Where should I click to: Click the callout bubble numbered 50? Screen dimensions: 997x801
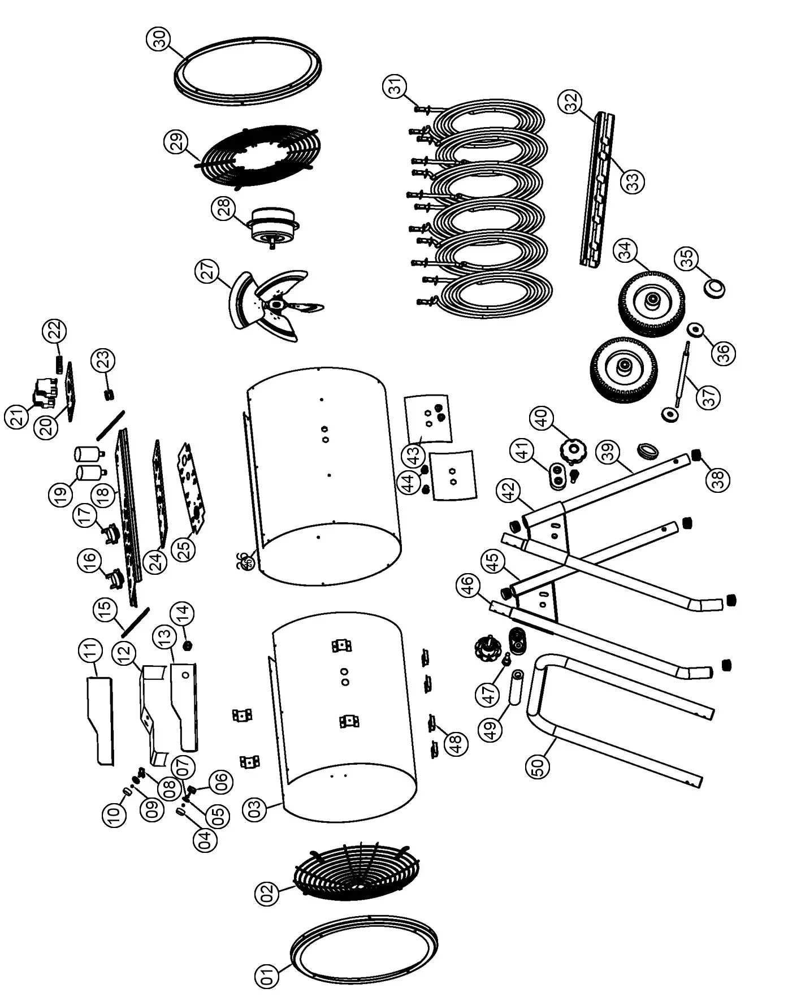[x=538, y=766]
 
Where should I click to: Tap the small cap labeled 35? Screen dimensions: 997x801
[x=714, y=288]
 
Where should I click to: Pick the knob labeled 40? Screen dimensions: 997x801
[x=573, y=450]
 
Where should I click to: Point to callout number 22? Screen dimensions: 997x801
[x=56, y=331]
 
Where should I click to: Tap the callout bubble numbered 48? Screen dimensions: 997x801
[x=456, y=742]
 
